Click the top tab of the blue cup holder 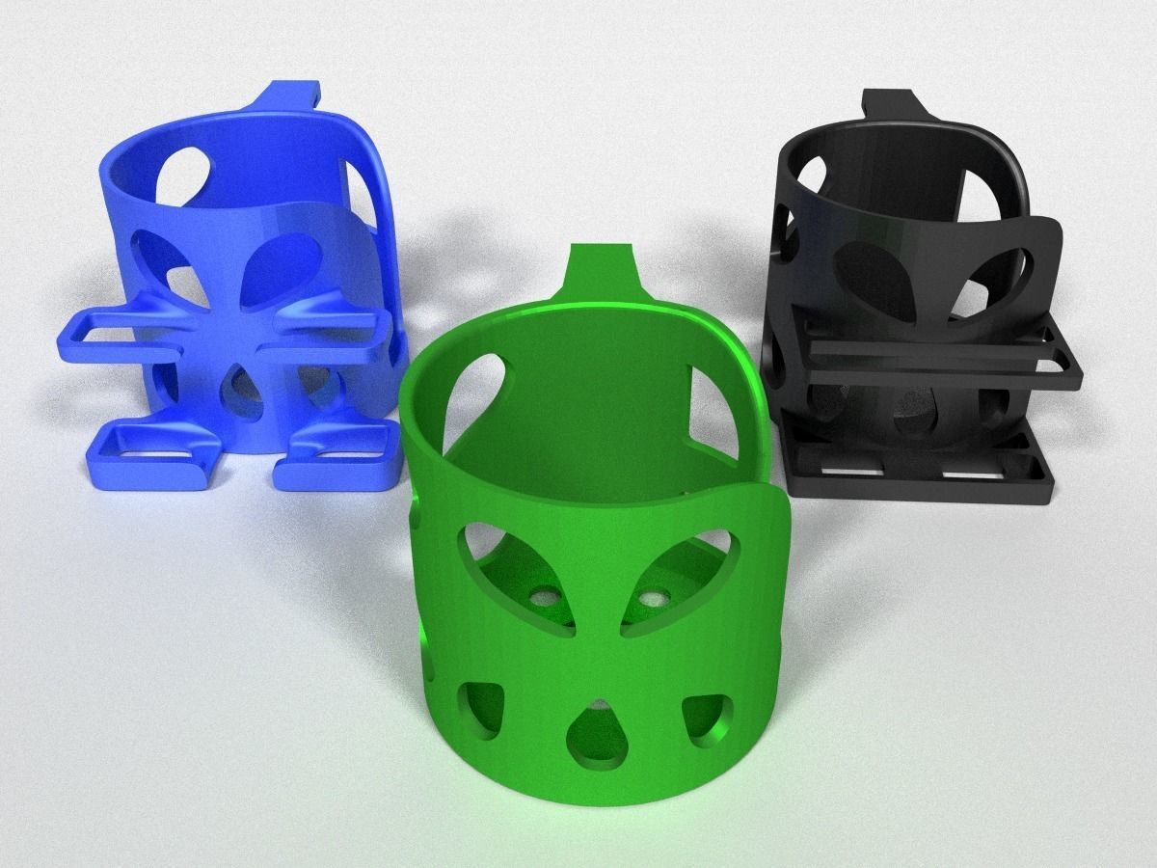(x=288, y=97)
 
